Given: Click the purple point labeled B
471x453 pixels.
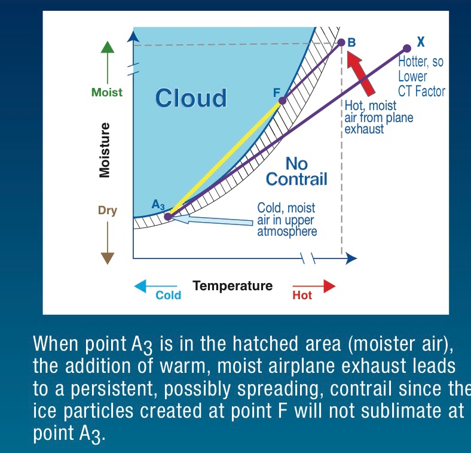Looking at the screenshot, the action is [341, 42].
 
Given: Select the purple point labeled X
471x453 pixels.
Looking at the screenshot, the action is [406, 48].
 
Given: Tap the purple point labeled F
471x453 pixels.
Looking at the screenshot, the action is [282, 101].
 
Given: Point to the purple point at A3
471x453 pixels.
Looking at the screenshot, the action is [169, 216].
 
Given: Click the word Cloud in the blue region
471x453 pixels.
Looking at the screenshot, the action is [191, 98].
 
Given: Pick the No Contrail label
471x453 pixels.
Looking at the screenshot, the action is [296, 172].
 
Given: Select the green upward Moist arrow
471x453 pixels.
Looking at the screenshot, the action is [107, 62].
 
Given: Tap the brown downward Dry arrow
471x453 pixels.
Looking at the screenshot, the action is [107, 243].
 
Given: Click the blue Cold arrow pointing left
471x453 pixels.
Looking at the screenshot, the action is [155, 286].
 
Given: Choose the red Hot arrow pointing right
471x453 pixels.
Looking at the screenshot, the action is [314, 286].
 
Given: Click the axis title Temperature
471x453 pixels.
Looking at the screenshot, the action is [233, 286].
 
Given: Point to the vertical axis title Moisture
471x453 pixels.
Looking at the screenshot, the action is [104, 150].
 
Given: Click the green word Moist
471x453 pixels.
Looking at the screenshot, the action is [107, 92].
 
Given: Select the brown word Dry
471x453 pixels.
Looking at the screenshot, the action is [107, 211].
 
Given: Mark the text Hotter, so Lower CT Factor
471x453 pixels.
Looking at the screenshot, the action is [421, 77].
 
